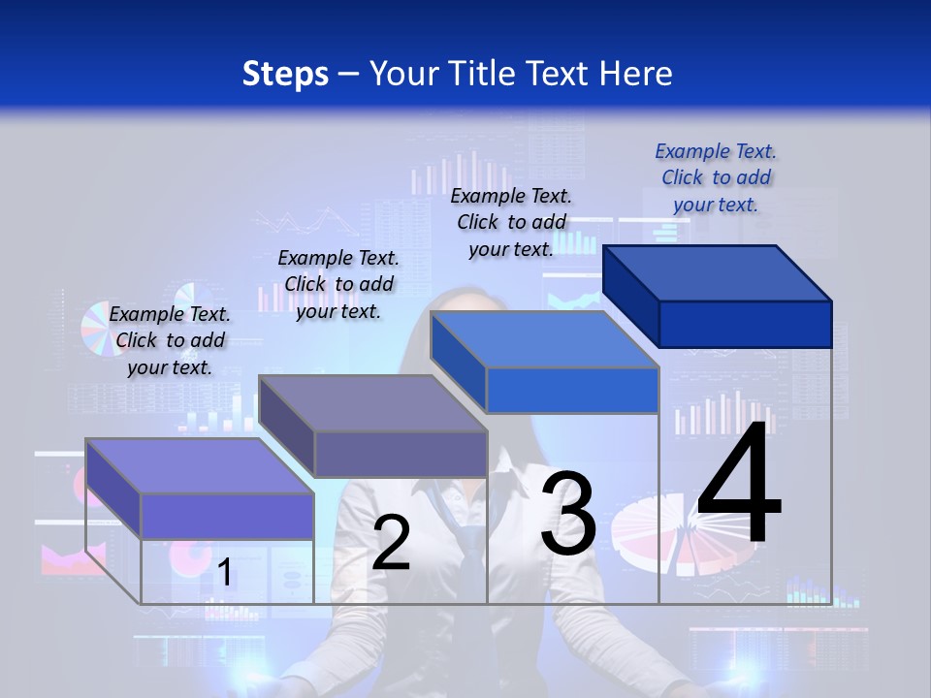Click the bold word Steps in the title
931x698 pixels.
pos(285,74)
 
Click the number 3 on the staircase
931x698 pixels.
pos(568,514)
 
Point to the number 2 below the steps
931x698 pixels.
pos(391,543)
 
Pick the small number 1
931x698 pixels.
pos(224,573)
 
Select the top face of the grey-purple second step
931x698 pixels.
pos(373,403)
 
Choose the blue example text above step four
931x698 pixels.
pos(716,177)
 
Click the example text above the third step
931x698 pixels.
pos(511,222)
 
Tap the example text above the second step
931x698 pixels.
pos(338,284)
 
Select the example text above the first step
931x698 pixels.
pos(170,340)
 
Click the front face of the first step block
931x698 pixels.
pos(228,516)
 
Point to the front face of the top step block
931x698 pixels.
pos(745,324)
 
